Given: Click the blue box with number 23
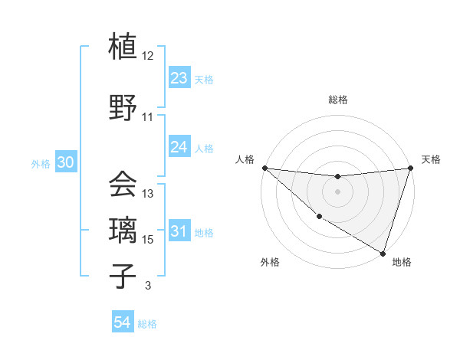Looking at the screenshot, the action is pyautogui.click(x=179, y=78).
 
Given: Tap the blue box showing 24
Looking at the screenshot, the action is pyautogui.click(x=179, y=147).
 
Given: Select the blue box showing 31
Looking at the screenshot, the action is pyautogui.click(x=179, y=231).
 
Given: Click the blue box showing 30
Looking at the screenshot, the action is pyautogui.click(x=65, y=162).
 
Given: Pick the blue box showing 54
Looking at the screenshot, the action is pyautogui.click(x=123, y=323).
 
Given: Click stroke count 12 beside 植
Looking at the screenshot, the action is pyautogui.click(x=148, y=56).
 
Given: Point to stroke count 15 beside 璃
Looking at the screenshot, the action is pyautogui.click(x=149, y=240).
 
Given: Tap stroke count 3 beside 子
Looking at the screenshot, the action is pyautogui.click(x=147, y=286).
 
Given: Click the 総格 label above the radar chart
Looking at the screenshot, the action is pyautogui.click(x=337, y=100).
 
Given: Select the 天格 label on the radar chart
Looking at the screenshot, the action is pyautogui.click(x=431, y=159).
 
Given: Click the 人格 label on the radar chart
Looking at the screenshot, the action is pyautogui.click(x=245, y=159).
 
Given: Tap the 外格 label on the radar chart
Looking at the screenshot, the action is pyautogui.click(x=270, y=263).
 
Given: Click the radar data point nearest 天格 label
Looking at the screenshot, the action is pyautogui.click(x=410, y=168).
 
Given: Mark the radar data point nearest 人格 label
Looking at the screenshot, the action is pyautogui.click(x=264, y=168).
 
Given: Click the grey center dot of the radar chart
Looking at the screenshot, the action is pyautogui.click(x=337, y=191).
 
